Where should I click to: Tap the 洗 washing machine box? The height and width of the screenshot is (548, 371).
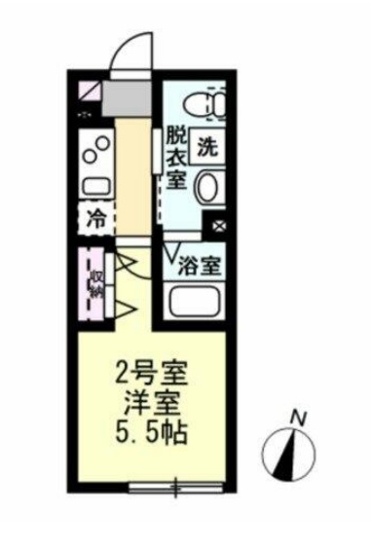206,147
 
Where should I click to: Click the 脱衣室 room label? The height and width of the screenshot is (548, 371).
175,156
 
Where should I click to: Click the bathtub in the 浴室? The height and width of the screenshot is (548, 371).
198,303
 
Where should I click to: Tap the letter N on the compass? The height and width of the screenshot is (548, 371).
302,418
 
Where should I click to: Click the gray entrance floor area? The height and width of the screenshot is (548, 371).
131,98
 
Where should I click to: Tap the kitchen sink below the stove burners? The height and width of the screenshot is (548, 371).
94,185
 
